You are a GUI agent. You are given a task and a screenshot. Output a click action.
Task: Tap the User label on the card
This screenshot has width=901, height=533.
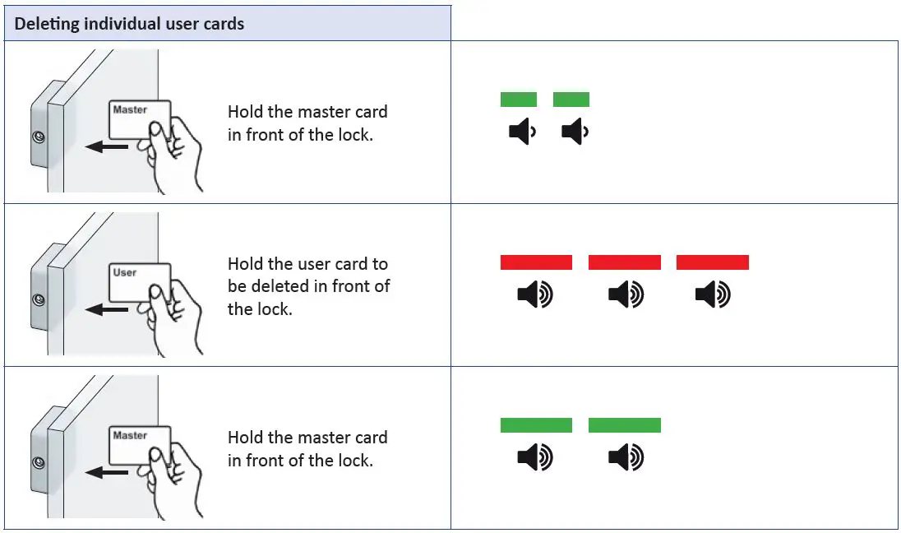point(125,272)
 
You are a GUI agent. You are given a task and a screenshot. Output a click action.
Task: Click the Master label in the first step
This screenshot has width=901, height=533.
point(130,109)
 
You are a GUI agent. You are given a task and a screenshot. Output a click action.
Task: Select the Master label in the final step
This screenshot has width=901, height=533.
point(130,435)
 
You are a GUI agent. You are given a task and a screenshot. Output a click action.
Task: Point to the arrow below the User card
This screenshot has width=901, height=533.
point(106,310)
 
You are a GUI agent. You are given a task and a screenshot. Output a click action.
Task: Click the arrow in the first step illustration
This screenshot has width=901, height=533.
point(106,147)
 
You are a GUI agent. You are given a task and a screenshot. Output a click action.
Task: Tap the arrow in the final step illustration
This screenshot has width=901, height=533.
point(106,473)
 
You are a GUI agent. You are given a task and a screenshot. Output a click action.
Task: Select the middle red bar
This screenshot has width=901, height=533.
point(624,262)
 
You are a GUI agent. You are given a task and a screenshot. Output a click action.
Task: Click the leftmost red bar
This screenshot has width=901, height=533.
point(536,262)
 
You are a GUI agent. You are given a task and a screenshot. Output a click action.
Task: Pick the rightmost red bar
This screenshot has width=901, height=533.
point(712,262)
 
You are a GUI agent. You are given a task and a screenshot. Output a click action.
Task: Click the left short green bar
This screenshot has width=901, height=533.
point(518,100)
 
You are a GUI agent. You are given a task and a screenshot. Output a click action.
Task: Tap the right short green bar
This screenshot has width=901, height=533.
point(571,100)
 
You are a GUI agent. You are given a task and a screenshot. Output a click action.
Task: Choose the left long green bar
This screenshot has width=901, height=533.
point(536,425)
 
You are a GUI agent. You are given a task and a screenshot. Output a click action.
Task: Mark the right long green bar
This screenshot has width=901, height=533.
point(624,425)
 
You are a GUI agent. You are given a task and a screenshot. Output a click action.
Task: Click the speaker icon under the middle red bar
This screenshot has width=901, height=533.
point(625,294)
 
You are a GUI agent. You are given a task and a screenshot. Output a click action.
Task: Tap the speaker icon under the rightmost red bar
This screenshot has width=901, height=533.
point(712,294)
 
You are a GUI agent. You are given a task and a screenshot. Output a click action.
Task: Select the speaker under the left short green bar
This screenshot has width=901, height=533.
point(521,132)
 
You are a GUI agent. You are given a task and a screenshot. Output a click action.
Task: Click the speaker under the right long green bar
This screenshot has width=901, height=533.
point(625,457)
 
